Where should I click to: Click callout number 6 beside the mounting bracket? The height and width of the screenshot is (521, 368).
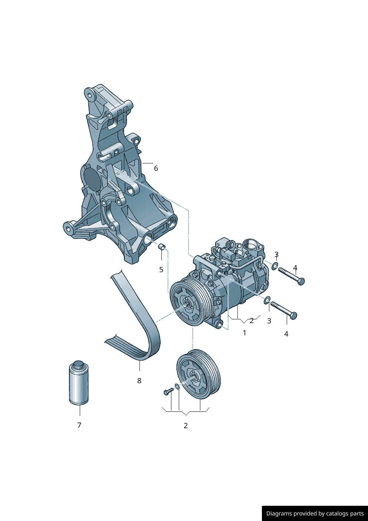pos(156,168)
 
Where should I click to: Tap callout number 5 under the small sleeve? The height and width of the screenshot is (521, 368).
pos(161,270)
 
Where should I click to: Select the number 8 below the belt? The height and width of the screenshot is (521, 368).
pos(139,381)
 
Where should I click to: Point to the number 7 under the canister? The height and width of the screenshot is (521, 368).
pos(79,425)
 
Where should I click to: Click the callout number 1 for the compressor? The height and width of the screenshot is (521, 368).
pos(244,333)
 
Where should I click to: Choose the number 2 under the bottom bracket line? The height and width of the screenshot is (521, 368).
pos(185,426)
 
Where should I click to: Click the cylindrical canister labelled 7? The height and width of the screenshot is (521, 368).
pos(79,383)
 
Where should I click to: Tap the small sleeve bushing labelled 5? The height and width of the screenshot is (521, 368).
pos(161,247)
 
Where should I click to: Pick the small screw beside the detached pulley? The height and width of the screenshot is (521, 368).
pos(168,391)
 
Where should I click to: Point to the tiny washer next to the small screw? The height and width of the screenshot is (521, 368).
pos(177,387)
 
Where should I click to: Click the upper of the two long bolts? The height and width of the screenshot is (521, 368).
pos(291,276)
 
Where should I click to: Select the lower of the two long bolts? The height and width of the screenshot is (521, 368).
pos(284,310)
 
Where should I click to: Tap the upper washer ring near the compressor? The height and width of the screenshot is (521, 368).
pos(275,266)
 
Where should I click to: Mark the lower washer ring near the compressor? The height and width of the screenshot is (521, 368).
pos(267,300)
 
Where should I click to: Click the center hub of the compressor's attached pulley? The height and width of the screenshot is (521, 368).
pos(188,305)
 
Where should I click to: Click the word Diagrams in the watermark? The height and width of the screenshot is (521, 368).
pos(279,514)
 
